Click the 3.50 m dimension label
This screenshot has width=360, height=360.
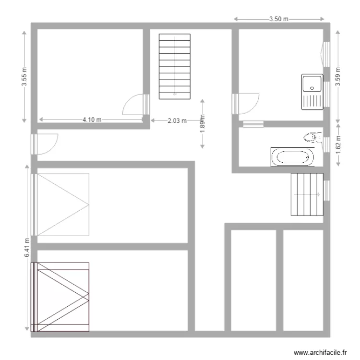(279, 19)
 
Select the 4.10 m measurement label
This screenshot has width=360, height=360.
(92, 120)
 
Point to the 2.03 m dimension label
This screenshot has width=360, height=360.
(177, 121)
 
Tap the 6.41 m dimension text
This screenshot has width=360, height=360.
(27, 248)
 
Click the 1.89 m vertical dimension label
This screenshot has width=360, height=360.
(203, 123)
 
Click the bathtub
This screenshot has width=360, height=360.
(292, 157)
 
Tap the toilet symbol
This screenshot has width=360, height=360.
(312, 138)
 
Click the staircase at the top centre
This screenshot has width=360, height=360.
(175, 65)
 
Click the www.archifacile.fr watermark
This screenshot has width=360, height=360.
(320, 352)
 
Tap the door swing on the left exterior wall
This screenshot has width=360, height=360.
(47, 143)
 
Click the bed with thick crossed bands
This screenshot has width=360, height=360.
(60, 297)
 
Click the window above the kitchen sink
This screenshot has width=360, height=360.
(326, 52)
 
